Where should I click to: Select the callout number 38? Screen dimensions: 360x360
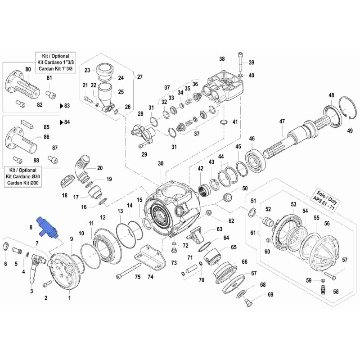click(222, 59)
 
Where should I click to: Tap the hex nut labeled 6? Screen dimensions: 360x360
click(6, 246)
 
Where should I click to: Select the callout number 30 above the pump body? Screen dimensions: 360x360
click(161, 164)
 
